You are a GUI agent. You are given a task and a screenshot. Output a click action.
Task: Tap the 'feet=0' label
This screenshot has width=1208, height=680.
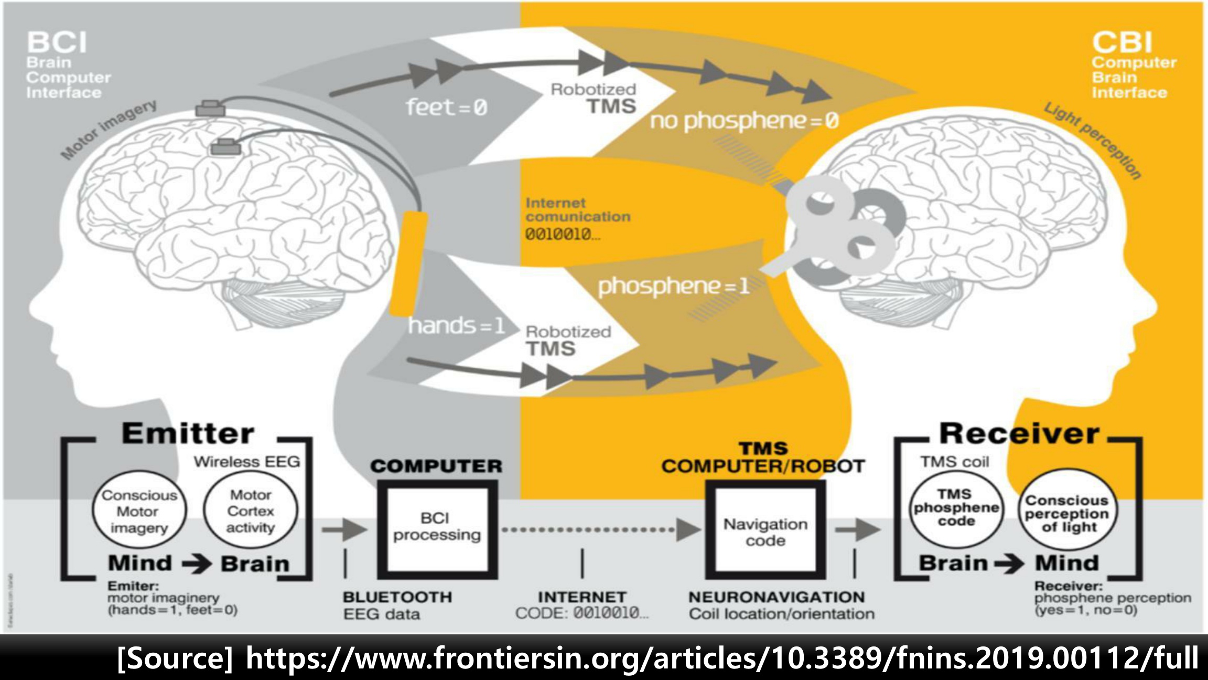[x=447, y=108]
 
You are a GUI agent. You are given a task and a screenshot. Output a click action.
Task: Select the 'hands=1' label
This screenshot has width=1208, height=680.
[x=456, y=326]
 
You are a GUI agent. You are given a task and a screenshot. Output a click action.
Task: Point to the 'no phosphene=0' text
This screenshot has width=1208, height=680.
[x=744, y=121]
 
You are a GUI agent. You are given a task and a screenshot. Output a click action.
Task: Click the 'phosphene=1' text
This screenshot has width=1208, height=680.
[x=673, y=286]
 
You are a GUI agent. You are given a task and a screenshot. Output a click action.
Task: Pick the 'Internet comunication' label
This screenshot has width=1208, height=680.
[x=577, y=210]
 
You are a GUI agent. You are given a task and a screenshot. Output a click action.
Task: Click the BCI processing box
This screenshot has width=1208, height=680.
[x=437, y=527]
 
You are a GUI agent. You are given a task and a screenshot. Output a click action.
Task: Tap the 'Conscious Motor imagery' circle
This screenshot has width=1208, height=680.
[x=139, y=511]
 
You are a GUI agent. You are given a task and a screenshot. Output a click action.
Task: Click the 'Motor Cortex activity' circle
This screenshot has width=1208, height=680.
[x=251, y=511]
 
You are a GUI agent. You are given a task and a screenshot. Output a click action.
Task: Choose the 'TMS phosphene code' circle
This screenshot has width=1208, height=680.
[x=956, y=508]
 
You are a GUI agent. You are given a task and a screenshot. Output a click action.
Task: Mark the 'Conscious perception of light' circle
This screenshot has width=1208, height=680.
[x=1067, y=513]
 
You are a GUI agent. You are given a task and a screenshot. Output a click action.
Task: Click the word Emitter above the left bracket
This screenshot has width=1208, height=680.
[x=188, y=434]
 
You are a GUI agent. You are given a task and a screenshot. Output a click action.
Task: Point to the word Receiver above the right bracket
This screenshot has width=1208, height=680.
[x=1019, y=434]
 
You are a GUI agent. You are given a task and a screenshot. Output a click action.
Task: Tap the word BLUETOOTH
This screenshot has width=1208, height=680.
[x=397, y=597]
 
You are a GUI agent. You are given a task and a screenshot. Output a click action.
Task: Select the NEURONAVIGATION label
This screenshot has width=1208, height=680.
[x=776, y=597]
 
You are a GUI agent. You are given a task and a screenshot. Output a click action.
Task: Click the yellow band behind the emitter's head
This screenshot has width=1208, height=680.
[x=408, y=262]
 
